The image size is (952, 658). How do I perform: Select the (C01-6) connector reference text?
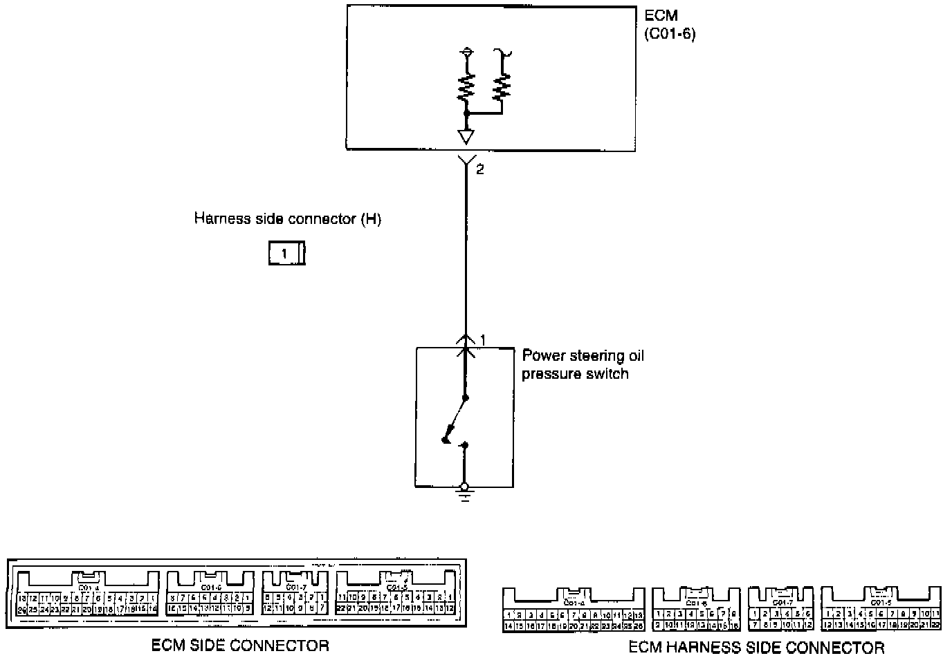click(669, 33)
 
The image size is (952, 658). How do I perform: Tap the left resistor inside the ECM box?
click(466, 86)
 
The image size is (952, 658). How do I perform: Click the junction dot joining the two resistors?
click(466, 112)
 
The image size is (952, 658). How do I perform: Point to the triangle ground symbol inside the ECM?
click(466, 136)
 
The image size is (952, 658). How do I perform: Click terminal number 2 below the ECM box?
click(480, 169)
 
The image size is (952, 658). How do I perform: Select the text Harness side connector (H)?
click(287, 219)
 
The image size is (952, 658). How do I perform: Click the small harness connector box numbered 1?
click(286, 254)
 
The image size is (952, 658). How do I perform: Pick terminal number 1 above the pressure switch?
click(483, 339)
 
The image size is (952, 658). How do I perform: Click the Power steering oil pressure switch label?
click(583, 364)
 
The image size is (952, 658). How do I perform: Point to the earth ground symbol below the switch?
click(465, 495)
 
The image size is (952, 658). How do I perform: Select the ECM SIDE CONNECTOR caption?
click(240, 646)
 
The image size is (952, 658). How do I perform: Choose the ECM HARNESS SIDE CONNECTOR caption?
click(756, 648)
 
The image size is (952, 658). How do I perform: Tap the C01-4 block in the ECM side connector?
click(86, 594)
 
